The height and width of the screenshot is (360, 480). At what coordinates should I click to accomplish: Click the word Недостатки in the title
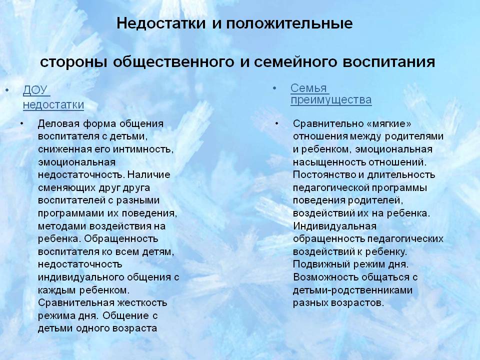[x=161, y=23]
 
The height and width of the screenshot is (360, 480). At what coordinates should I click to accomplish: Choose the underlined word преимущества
[x=331, y=100]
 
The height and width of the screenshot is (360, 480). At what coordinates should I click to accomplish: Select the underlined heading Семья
[x=309, y=88]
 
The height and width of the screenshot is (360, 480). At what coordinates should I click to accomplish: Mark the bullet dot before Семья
[x=274, y=88]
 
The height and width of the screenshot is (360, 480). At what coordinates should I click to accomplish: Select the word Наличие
[x=149, y=175]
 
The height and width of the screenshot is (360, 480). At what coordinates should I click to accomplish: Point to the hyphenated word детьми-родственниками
[x=352, y=290]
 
